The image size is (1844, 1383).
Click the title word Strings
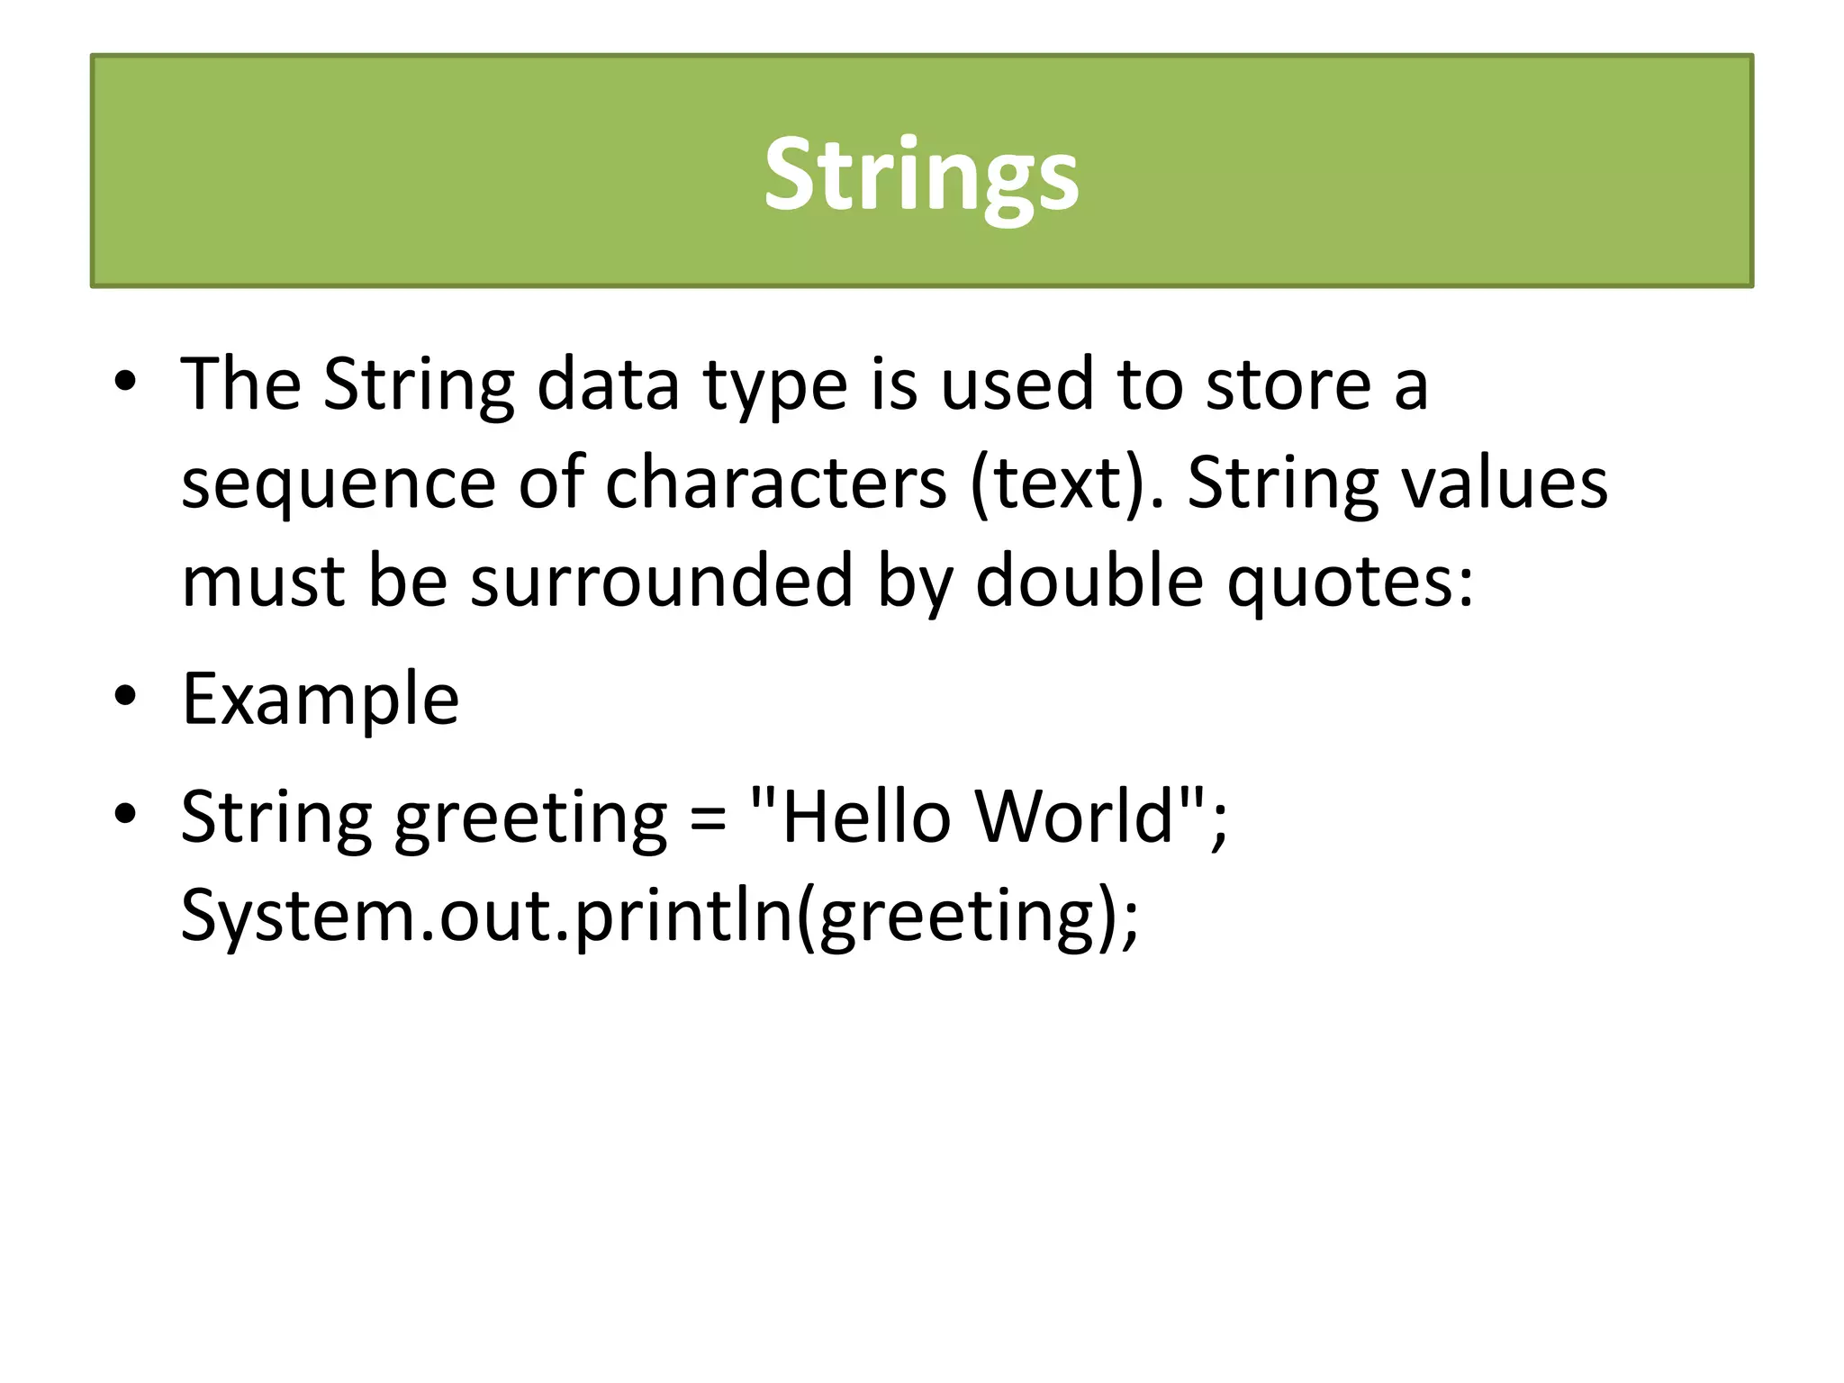[x=921, y=175]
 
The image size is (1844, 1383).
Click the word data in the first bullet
[x=608, y=384]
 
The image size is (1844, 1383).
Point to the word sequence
[x=338, y=484]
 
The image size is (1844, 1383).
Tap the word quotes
[x=1351, y=583]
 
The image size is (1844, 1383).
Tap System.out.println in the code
[x=486, y=916]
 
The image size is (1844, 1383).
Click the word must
[x=263, y=583]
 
